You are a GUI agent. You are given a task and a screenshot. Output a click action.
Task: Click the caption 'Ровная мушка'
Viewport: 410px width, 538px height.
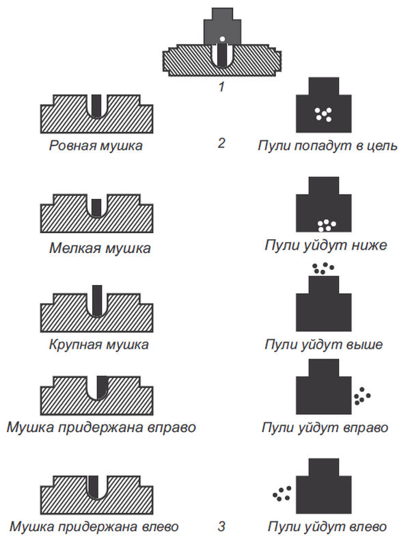(96, 145)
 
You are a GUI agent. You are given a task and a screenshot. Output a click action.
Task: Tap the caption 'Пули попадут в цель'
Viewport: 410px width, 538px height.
(323, 145)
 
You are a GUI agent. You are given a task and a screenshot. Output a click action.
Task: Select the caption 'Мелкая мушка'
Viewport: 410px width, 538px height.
(100, 247)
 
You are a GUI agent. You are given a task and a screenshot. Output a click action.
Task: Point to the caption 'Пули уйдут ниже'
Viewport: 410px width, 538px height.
(326, 245)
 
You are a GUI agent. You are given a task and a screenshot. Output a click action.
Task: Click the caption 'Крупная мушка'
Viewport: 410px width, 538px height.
(99, 344)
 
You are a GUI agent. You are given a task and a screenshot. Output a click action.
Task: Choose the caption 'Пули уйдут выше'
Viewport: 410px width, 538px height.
(323, 344)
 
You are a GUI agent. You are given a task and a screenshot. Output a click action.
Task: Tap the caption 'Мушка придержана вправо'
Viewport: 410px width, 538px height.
(101, 428)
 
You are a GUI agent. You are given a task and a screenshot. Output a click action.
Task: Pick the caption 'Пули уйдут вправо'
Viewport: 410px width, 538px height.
(325, 428)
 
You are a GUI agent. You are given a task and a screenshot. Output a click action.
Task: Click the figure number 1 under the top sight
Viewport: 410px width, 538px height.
(220, 87)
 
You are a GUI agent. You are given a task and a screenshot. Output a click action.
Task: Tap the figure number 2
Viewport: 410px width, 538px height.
(221, 144)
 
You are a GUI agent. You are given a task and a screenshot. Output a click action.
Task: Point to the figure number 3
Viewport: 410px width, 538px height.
(221, 526)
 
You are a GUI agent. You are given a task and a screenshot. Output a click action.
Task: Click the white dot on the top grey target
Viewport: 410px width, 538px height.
(221, 38)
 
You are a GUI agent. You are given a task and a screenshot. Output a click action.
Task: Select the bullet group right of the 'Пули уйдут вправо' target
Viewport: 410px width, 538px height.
(362, 394)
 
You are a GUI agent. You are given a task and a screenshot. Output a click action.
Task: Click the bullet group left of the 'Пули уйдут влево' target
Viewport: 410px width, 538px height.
(281, 492)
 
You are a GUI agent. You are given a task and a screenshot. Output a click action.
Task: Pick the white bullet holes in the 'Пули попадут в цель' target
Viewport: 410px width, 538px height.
(323, 114)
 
